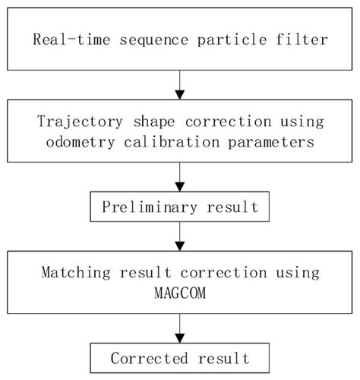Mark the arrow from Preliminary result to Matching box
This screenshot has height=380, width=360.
179,236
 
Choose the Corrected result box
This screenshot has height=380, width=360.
179,357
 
